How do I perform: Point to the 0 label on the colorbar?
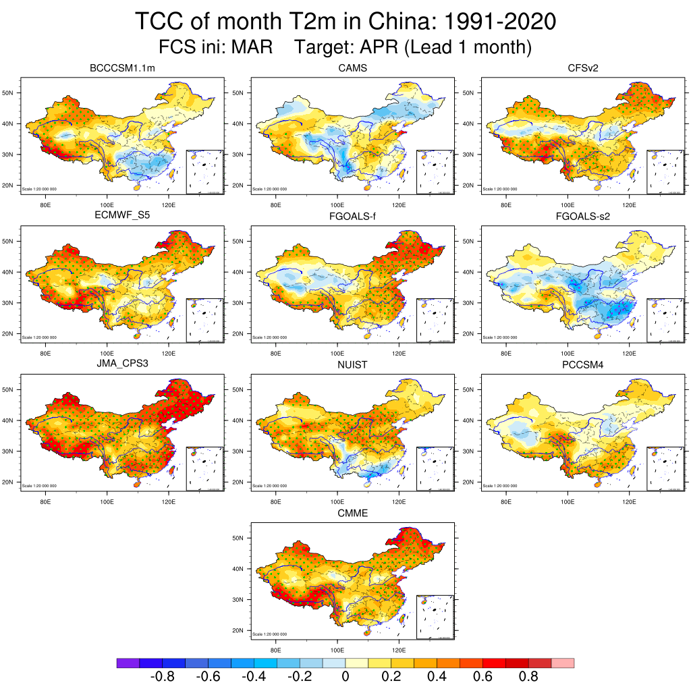tap(345, 677)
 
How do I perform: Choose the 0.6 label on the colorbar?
tap(482, 677)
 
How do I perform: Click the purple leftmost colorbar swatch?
tap(128, 663)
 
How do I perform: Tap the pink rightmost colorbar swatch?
tap(563, 663)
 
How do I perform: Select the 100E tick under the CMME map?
tap(337, 650)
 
